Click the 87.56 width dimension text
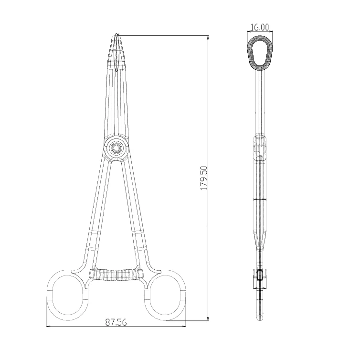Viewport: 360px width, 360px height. (116, 322)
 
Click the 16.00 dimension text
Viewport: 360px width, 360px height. (260, 28)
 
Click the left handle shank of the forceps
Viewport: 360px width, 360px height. (95, 215)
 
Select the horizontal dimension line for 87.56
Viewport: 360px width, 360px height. (116, 327)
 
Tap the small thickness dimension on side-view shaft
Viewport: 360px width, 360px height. (259, 199)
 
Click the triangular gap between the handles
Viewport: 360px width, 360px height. (116, 215)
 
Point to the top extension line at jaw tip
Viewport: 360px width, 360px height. (162, 35)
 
